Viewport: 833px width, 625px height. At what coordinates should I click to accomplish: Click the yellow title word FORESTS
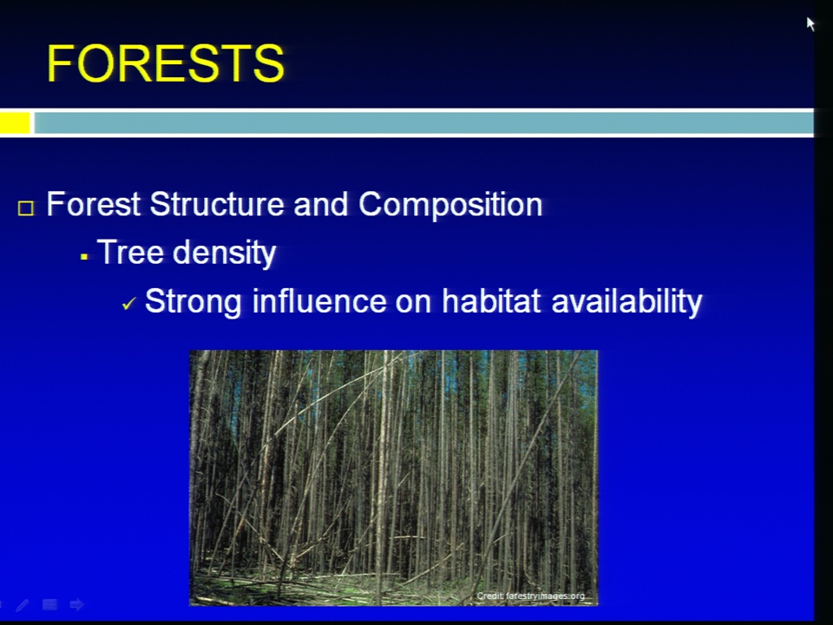(166, 63)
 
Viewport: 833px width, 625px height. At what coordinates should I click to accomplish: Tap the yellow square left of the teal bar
(15, 122)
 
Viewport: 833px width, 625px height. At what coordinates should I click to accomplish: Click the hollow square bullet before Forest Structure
(25, 207)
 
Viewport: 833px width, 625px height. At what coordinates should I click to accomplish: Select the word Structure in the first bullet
(217, 204)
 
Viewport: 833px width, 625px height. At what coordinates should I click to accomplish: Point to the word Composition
(450, 205)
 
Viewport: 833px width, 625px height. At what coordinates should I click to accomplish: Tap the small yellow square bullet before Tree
(84, 257)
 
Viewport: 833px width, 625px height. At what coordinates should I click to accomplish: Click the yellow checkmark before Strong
(129, 304)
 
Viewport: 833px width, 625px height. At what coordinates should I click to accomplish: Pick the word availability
(627, 302)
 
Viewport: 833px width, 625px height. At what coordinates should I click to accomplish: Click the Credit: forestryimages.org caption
(531, 595)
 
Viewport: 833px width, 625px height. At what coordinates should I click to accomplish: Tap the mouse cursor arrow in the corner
(810, 24)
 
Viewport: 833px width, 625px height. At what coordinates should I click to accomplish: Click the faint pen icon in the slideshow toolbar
(23, 605)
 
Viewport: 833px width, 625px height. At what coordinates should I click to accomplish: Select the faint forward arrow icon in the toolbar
(77, 604)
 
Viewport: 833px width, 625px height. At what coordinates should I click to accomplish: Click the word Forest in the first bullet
(94, 204)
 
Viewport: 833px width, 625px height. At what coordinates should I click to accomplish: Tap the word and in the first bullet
(321, 204)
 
